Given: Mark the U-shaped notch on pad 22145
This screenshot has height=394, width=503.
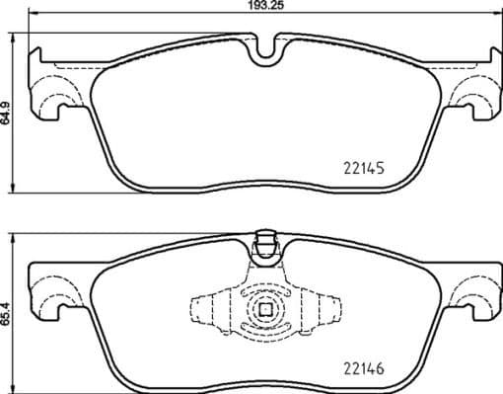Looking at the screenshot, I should (x=263, y=49).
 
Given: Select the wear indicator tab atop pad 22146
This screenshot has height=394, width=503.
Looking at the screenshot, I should (x=263, y=240).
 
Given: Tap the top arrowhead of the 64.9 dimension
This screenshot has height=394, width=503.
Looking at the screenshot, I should (x=12, y=42).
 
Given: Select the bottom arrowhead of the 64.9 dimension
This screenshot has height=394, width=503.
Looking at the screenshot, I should (x=12, y=190).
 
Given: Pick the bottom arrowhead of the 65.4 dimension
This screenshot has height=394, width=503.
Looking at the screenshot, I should (x=12, y=386).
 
